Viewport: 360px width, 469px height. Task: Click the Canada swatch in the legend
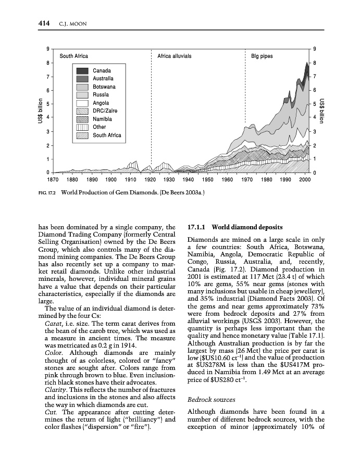pyautogui.click(x=83, y=70)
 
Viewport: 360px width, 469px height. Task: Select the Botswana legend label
pyautogui.click(x=104, y=87)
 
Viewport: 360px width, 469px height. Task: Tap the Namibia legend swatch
pyautogui.click(x=83, y=119)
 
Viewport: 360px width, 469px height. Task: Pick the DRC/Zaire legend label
pyautogui.click(x=105, y=111)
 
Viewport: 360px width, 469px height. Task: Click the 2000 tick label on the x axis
pyautogui.click(x=305, y=180)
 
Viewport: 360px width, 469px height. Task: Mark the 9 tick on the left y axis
pyautogui.click(x=48, y=49)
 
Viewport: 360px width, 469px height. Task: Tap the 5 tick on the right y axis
pyautogui.click(x=316, y=104)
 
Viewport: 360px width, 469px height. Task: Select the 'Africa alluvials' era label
pyautogui.click(x=175, y=56)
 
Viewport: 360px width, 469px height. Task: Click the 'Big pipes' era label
pyautogui.click(x=263, y=56)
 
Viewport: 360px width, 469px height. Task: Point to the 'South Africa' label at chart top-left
pyautogui.click(x=74, y=56)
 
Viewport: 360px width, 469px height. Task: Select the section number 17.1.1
pyautogui.click(x=197, y=228)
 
